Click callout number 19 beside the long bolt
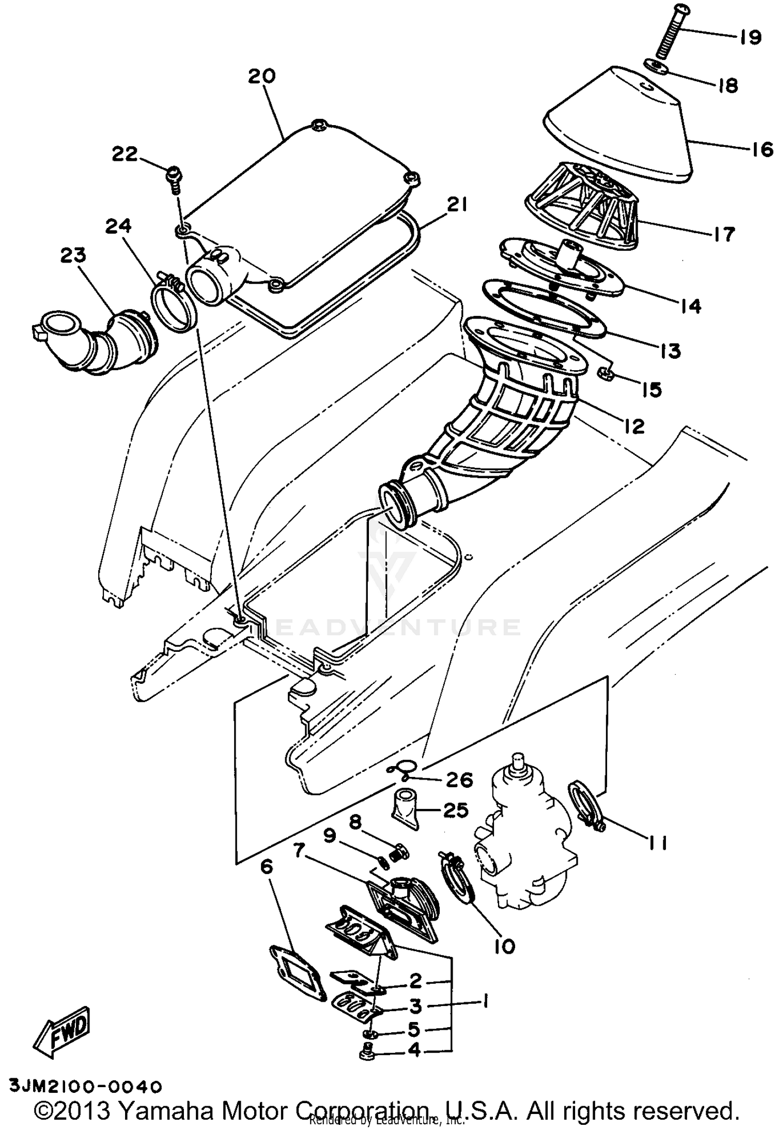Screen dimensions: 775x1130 (749, 37)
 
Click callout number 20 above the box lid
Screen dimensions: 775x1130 (262, 77)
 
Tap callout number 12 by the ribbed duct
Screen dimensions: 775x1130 (634, 426)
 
